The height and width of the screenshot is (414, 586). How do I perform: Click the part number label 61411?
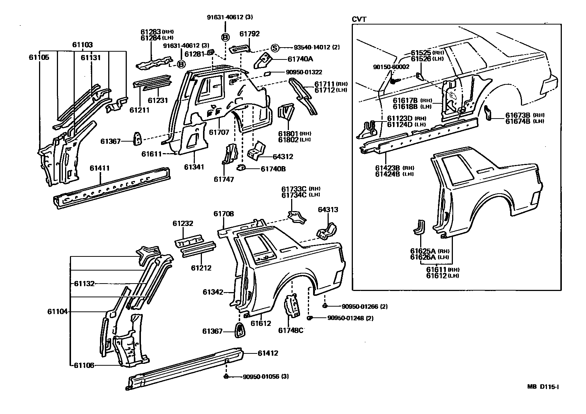point(99,168)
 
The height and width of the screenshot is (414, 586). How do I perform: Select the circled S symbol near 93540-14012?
point(274,48)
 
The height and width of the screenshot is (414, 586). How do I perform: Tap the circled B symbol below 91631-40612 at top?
point(225,37)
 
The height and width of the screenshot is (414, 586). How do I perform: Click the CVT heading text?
point(359,19)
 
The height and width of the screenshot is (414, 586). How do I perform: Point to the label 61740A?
point(300,59)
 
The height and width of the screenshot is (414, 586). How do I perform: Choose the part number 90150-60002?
point(391,67)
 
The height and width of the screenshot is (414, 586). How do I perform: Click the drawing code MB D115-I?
point(543,386)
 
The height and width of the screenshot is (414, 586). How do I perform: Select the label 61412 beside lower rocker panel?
point(268,353)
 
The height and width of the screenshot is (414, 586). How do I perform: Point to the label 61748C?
point(291,330)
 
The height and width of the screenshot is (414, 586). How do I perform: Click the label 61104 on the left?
point(57,311)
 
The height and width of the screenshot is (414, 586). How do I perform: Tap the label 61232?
point(183,224)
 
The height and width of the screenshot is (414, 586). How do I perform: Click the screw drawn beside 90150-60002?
point(395,80)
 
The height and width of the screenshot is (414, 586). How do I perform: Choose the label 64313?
point(328,210)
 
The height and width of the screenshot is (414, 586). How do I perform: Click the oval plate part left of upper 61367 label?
point(138,138)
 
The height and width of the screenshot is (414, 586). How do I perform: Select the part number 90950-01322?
point(301,72)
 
